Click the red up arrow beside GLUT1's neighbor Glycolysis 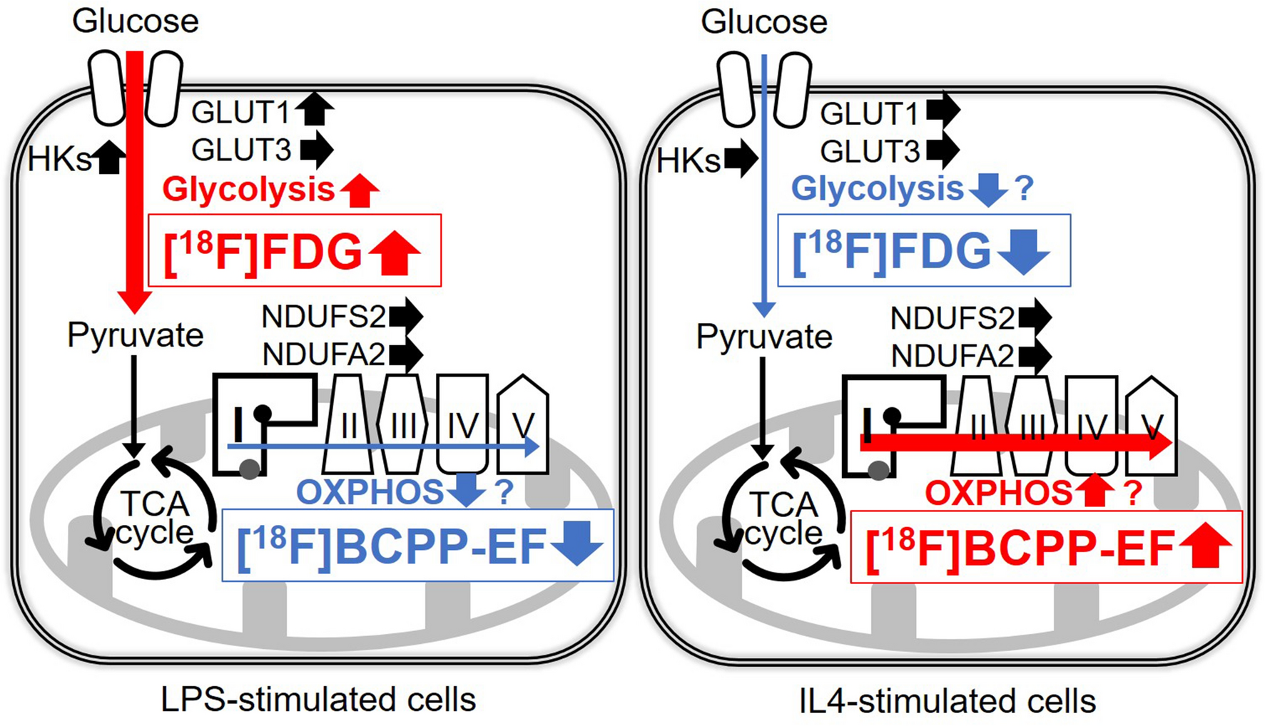359,190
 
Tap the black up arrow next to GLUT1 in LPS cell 314,111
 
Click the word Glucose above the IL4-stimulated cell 763,21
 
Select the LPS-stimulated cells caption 318,700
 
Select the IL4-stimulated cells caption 948,701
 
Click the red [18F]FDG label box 295,251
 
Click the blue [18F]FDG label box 923,251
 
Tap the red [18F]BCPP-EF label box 1046,548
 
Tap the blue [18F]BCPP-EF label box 418,546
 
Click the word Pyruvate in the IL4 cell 764,337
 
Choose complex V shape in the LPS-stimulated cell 523,426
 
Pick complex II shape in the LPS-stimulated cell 348,426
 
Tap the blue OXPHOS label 370,493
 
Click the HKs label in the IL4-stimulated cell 688,161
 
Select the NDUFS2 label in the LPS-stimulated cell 323,317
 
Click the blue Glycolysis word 877,189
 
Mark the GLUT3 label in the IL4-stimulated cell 870,152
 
